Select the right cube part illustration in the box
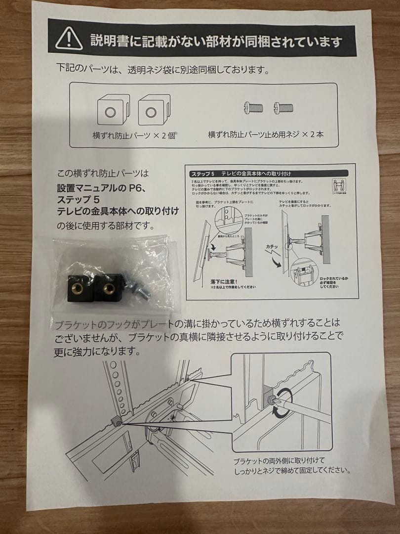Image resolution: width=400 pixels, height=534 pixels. [152, 112]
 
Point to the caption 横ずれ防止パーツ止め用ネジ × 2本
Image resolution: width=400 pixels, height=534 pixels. [266, 134]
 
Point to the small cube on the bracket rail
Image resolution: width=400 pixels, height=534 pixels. [117, 421]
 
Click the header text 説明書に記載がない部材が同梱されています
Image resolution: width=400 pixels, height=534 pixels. [215, 40]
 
